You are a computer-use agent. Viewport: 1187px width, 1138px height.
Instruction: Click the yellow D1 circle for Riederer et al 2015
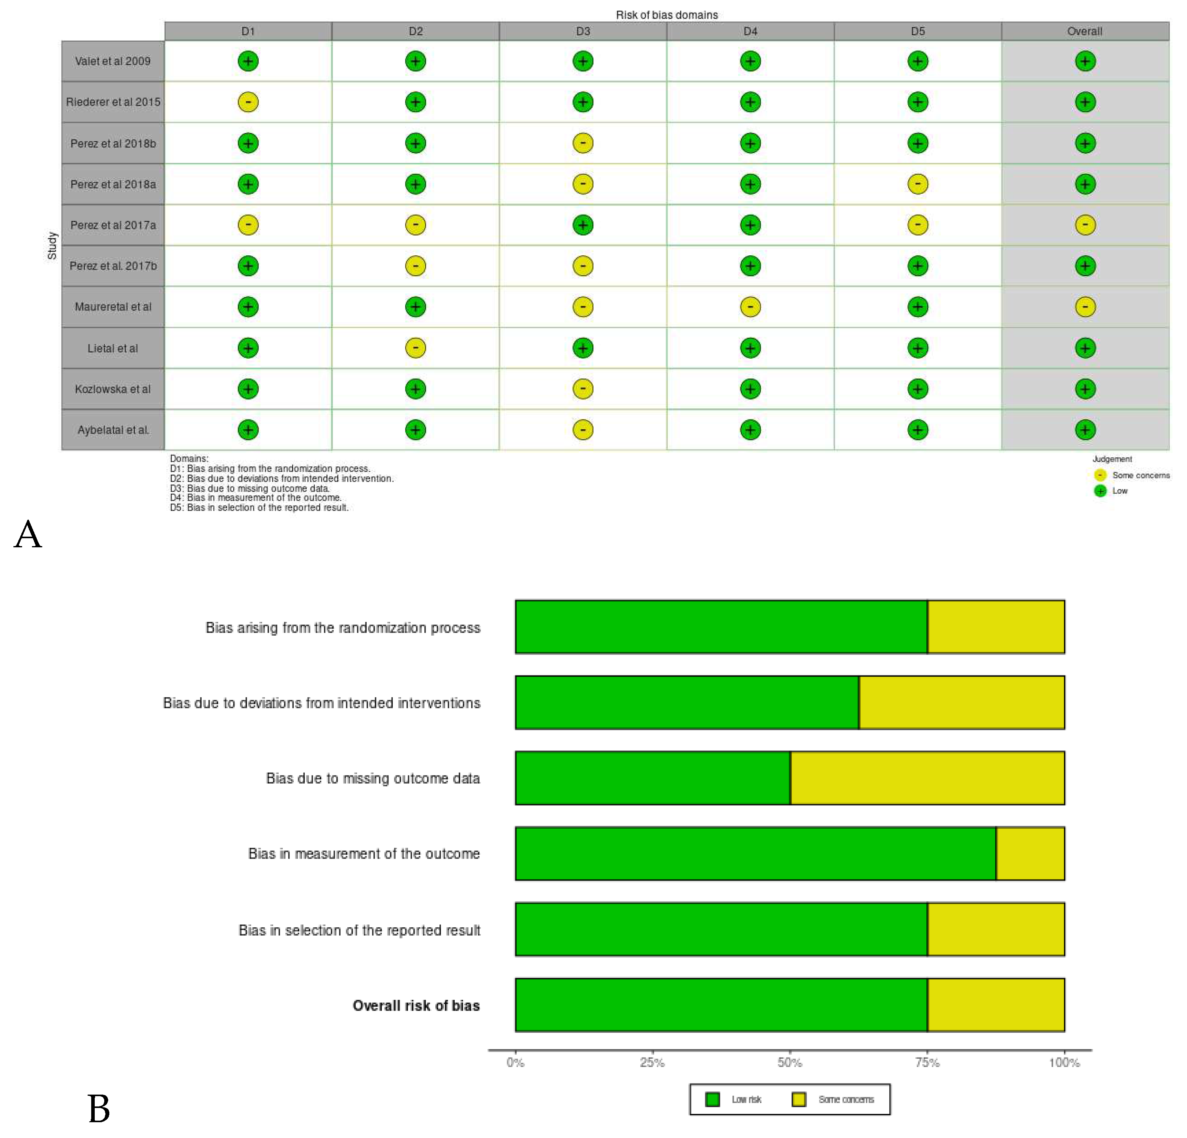[x=248, y=102]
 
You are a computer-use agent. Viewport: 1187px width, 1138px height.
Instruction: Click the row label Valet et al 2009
[x=113, y=61]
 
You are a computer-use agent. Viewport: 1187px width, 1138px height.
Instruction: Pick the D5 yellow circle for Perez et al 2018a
[x=917, y=184]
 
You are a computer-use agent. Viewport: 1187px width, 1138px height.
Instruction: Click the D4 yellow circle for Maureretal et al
[x=750, y=307]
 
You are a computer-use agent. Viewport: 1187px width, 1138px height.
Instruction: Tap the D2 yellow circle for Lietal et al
[x=415, y=348]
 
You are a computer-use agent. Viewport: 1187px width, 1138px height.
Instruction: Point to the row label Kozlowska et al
[x=113, y=389]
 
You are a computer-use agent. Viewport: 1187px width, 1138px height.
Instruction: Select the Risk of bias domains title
[x=666, y=15]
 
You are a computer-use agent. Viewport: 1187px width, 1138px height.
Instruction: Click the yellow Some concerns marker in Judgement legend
[x=1100, y=475]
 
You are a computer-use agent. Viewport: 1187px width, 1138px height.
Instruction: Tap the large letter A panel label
[x=28, y=535]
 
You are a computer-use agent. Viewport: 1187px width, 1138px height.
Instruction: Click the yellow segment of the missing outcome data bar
[x=926, y=778]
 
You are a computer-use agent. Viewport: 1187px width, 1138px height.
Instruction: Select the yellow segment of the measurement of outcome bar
[x=1029, y=853]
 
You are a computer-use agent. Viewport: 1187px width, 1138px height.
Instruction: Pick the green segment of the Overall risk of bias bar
[x=721, y=1005]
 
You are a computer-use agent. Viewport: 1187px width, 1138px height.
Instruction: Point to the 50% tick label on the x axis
[x=789, y=1062]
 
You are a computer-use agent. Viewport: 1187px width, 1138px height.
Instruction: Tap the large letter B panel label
[x=99, y=1109]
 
